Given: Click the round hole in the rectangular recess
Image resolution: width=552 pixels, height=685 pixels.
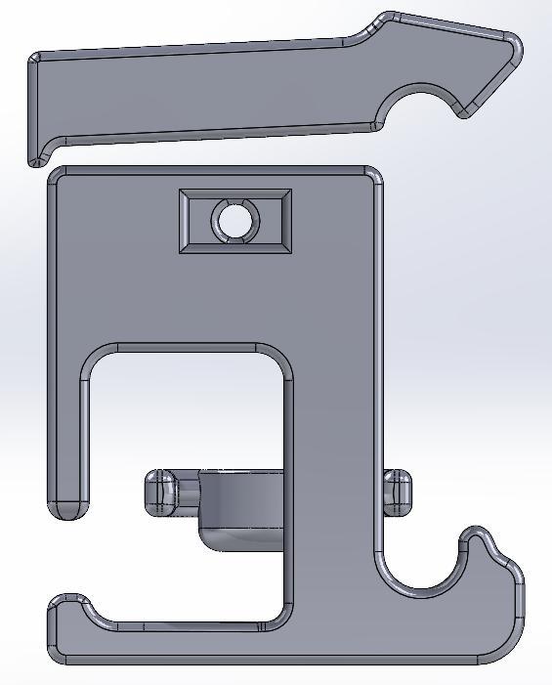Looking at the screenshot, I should (x=234, y=221).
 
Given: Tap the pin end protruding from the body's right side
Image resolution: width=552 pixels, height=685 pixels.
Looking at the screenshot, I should (x=398, y=492).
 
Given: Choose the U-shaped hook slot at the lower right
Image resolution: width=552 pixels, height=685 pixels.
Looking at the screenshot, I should (x=420, y=572).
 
